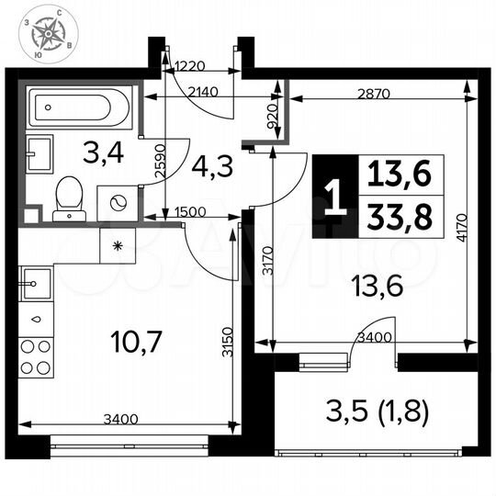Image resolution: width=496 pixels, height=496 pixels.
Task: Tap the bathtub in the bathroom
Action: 78,109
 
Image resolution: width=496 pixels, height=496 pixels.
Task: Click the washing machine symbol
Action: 116,203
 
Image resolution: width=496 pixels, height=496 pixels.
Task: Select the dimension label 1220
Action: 188,66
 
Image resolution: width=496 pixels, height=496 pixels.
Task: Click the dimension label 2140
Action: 205,93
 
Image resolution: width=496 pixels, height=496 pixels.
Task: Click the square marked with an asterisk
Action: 118,246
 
